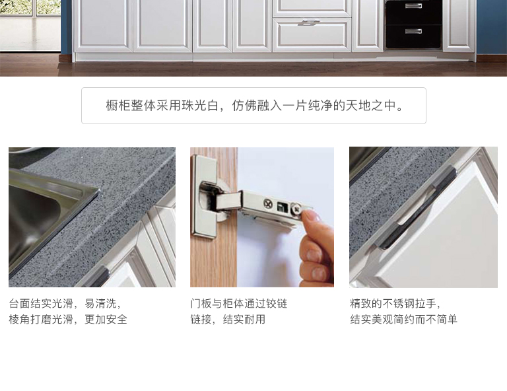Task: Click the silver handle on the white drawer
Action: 308,22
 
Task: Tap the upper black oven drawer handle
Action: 413,5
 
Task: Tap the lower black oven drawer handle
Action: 413,31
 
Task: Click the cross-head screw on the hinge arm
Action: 268,203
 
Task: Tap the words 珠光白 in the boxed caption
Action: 200,106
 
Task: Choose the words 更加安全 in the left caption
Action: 106,320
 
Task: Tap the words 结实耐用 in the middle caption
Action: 244,320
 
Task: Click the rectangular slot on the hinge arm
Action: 281,205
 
